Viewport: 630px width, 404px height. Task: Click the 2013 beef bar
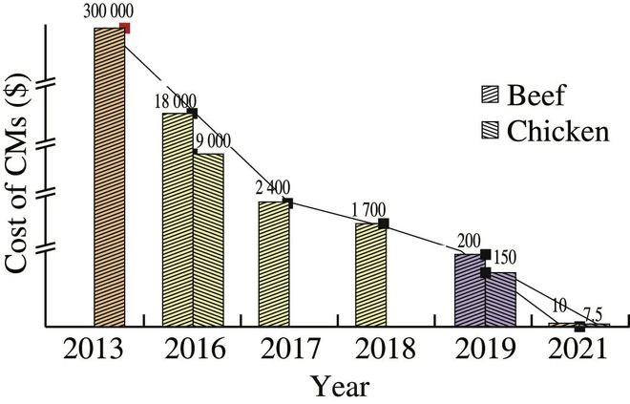[x=109, y=177]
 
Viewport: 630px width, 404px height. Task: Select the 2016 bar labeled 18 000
[x=178, y=220]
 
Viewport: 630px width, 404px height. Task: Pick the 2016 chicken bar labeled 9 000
[x=209, y=239]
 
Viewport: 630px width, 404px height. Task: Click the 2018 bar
[x=371, y=275]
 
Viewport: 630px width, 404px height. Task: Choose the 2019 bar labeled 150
[x=501, y=299]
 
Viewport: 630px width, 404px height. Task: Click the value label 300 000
[x=109, y=11]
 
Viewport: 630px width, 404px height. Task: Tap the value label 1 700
[x=372, y=210]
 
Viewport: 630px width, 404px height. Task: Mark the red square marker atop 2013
[x=125, y=28]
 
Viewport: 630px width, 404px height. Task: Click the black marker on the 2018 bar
[x=384, y=223]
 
